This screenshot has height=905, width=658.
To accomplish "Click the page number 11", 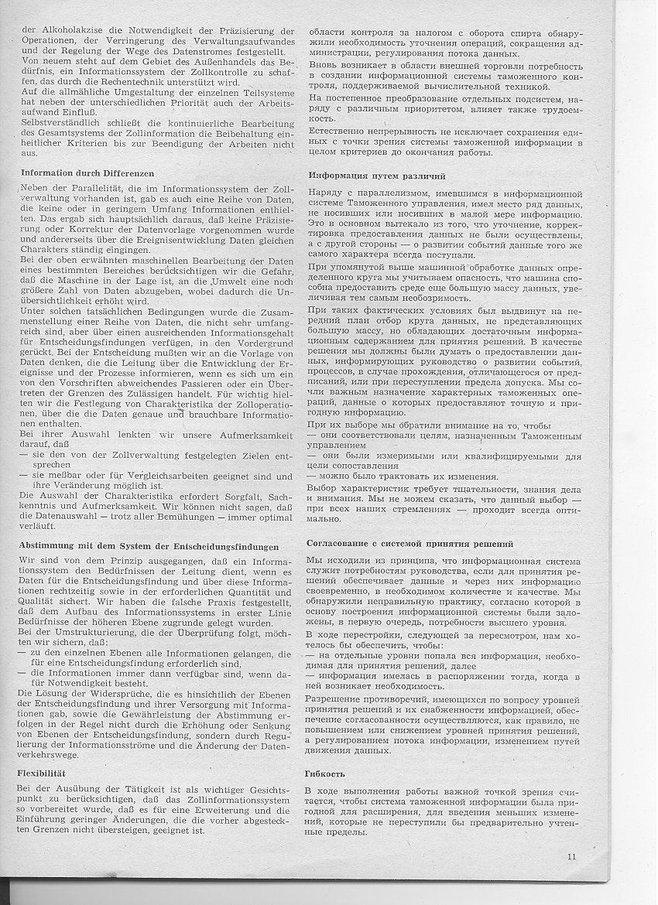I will [x=571, y=855].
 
